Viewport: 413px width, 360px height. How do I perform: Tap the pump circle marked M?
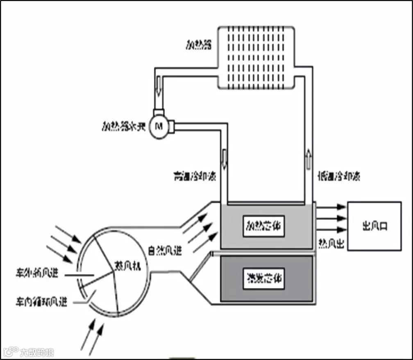[156, 125]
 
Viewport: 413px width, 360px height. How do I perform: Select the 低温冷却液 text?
[340, 177]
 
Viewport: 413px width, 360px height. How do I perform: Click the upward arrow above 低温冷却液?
[308, 158]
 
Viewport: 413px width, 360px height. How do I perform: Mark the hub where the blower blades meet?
[113, 270]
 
